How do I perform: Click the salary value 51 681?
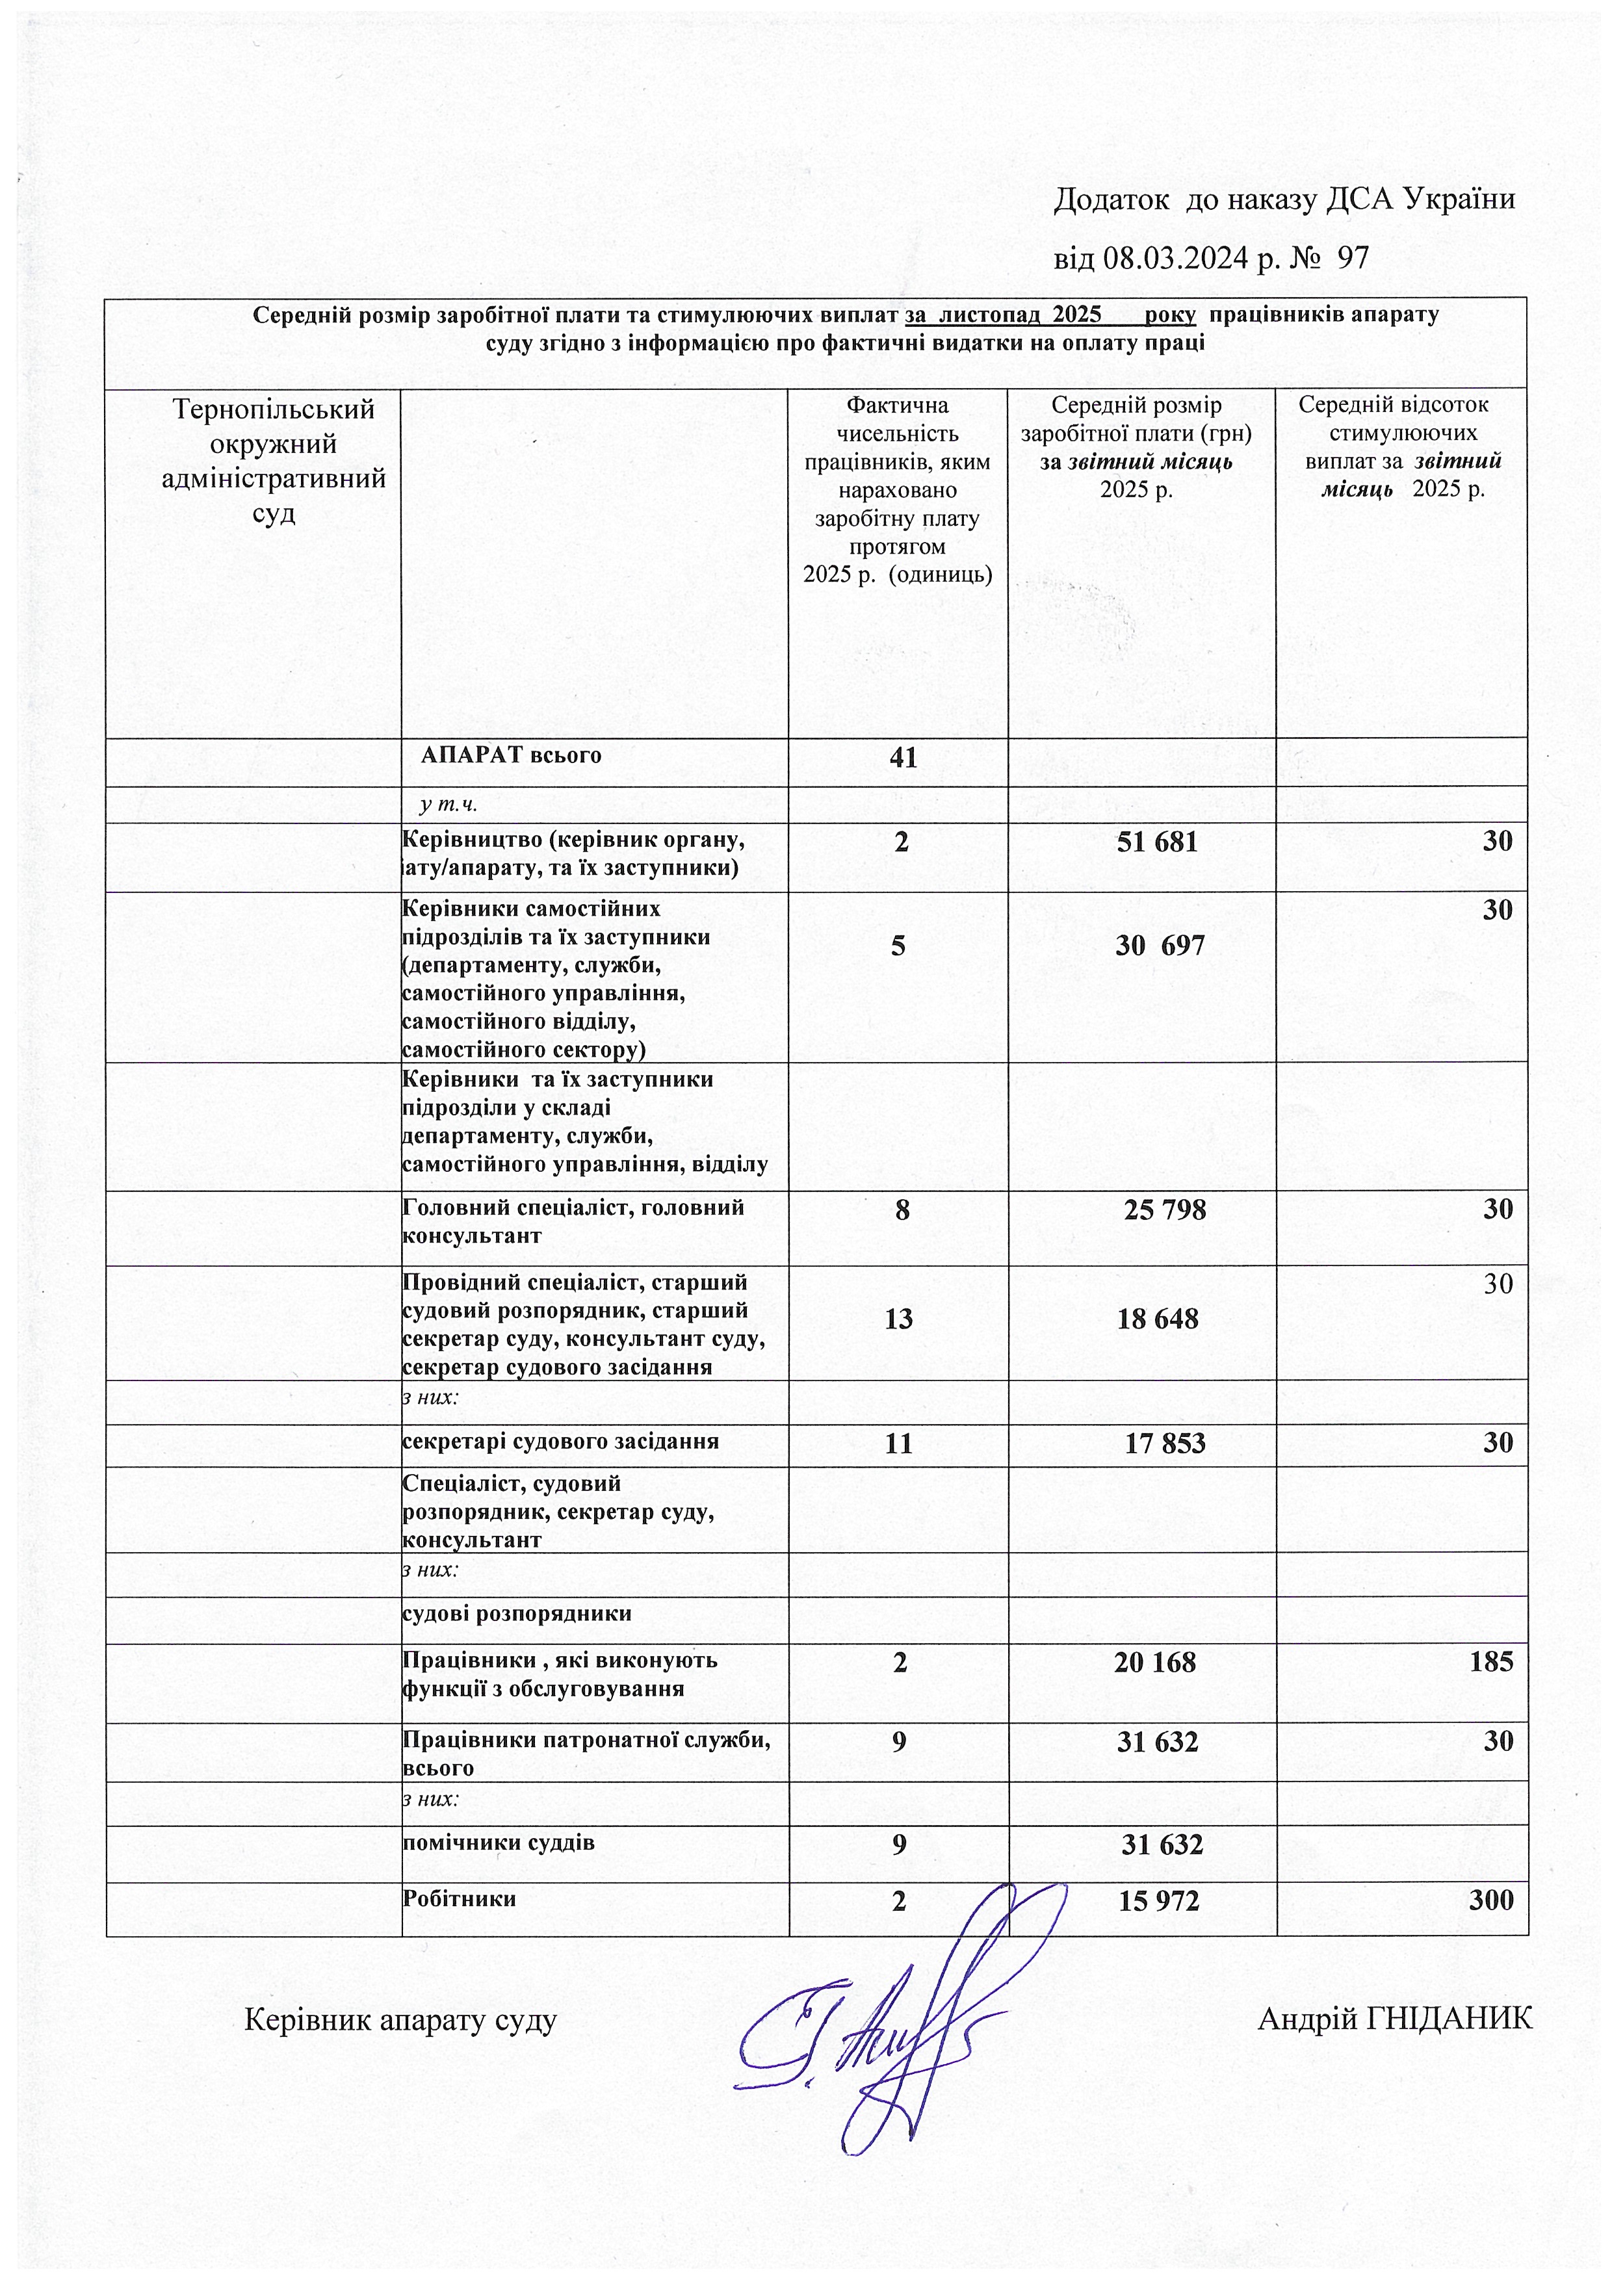[1157, 842]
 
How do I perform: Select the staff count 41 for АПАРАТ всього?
[903, 758]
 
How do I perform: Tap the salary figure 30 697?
[1159, 946]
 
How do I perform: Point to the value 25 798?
[1165, 1210]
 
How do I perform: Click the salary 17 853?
[1165, 1443]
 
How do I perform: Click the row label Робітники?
[459, 1898]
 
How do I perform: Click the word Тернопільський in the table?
[273, 409]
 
